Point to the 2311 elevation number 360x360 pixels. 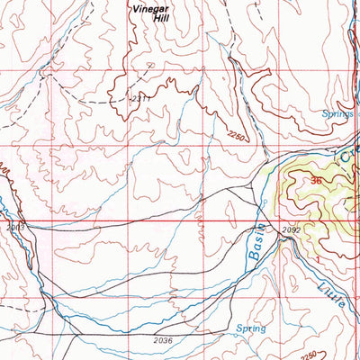(x=139, y=97)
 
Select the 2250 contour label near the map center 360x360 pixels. (x=237, y=136)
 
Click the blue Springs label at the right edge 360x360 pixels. (x=339, y=114)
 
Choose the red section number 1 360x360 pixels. (x=319, y=258)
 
